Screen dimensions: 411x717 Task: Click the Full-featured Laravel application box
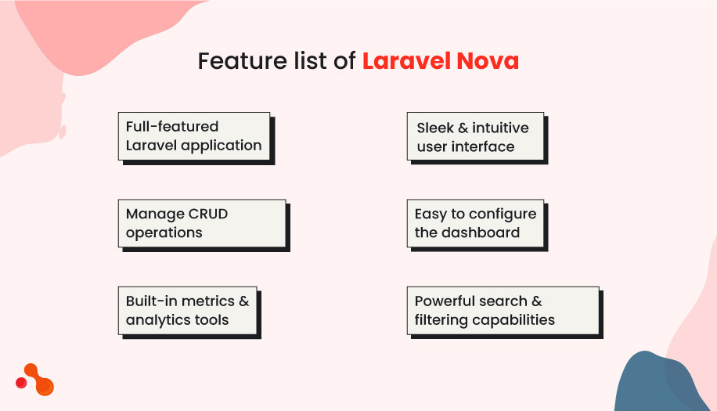tap(194, 136)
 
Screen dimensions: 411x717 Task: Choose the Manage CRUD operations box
tap(202, 223)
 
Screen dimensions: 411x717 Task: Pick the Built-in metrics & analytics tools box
tap(188, 310)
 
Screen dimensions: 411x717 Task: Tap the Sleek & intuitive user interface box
tap(474, 137)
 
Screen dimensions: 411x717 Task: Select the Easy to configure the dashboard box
tap(475, 223)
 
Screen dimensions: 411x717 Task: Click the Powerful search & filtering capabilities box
tap(503, 310)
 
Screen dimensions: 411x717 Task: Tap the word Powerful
tap(449, 301)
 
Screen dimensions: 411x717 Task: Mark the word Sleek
tap(435, 128)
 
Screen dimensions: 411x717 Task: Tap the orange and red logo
tap(35, 379)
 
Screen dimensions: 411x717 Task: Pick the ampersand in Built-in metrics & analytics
tap(243, 301)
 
